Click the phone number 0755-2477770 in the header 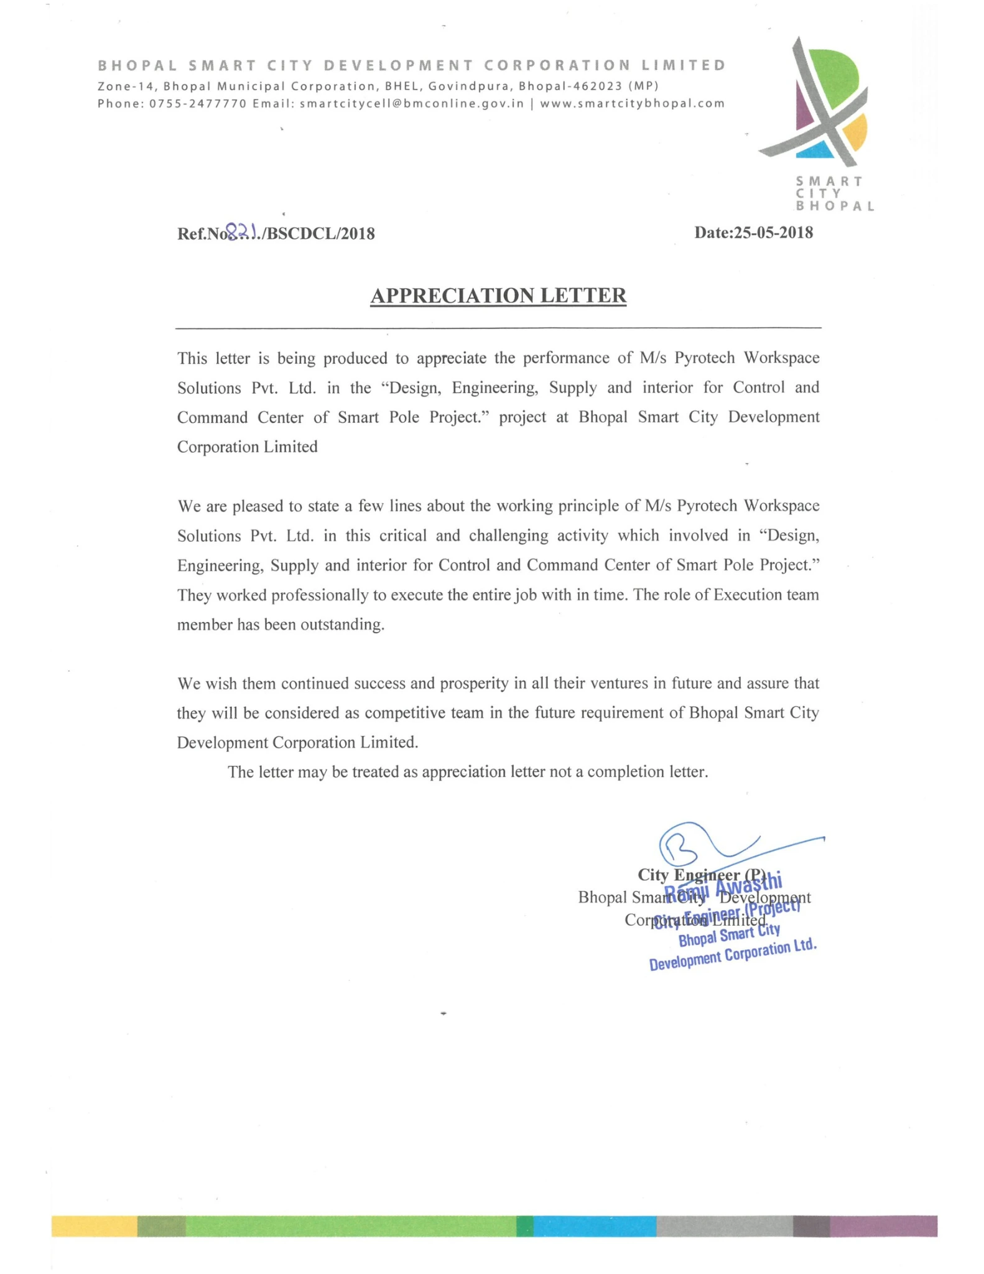coord(198,103)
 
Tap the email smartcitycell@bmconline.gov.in coord(412,103)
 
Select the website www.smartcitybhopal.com coord(632,103)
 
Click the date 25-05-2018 coord(773,233)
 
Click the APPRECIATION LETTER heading coord(498,295)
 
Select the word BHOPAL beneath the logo coord(835,206)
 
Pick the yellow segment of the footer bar coord(94,1225)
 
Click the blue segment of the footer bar coord(594,1225)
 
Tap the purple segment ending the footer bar coord(883,1225)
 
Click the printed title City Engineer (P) coord(702,875)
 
